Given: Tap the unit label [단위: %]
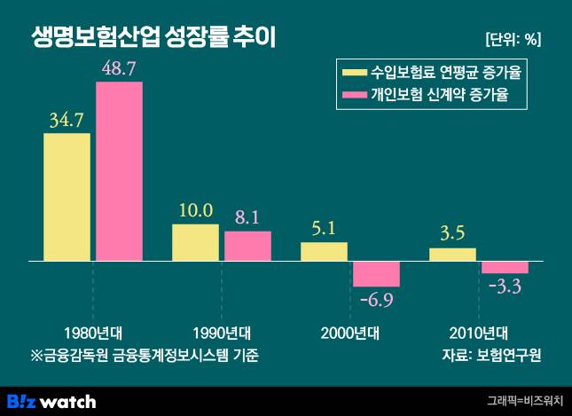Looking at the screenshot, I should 513,39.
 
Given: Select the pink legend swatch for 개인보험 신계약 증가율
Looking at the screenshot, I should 353,96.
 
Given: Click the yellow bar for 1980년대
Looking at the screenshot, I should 67,197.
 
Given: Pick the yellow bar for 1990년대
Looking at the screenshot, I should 195,243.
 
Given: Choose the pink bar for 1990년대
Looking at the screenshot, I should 247,247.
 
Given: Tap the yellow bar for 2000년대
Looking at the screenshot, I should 324,252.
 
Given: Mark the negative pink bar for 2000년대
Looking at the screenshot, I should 376,274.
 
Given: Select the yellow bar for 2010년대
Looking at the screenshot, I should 452,255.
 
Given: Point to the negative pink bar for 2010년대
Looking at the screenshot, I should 505,268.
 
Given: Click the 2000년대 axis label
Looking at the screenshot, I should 349,334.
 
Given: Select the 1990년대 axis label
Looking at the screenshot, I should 221,334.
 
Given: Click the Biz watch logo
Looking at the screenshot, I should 51,401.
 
